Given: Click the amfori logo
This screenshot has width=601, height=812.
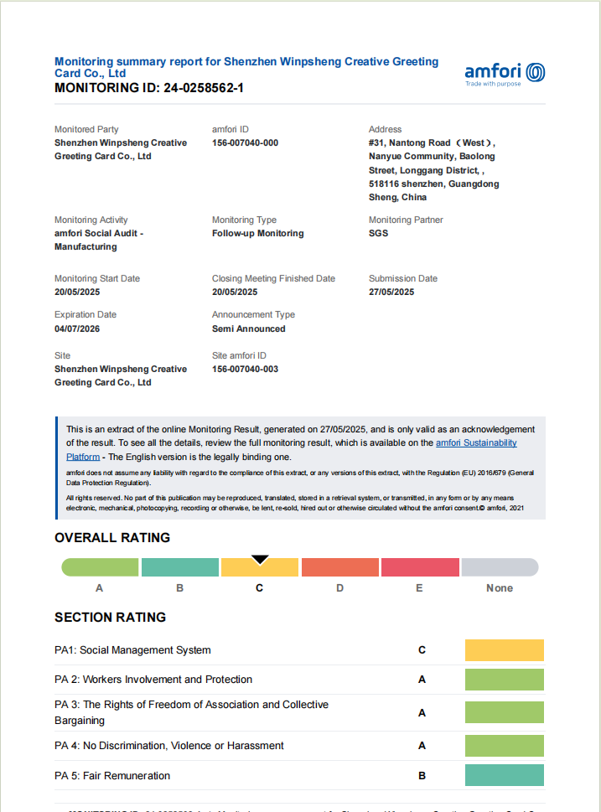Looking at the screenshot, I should click(505, 73).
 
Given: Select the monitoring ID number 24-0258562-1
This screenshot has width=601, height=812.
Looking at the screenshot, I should click(204, 88).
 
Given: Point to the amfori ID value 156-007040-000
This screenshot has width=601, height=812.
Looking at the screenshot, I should click(245, 143).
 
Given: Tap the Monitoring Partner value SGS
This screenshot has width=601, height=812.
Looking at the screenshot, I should click(378, 234).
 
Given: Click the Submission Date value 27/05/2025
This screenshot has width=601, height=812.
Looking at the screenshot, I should click(391, 292).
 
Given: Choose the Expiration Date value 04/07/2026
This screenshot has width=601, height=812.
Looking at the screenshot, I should click(77, 329).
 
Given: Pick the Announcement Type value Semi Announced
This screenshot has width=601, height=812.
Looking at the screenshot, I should click(248, 329).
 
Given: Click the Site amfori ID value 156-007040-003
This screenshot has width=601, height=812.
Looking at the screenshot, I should click(245, 370).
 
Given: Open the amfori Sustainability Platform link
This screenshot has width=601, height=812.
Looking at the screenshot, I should click(475, 443).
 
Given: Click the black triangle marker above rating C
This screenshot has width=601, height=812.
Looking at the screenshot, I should click(260, 559).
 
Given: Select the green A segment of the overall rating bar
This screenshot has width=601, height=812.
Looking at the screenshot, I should click(100, 567).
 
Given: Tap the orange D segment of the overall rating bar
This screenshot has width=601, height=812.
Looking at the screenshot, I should click(339, 567).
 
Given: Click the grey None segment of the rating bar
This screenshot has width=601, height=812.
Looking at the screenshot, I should click(500, 567).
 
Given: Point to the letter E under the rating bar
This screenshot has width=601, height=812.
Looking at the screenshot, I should click(419, 588).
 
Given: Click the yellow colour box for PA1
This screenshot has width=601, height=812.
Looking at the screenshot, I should click(504, 650).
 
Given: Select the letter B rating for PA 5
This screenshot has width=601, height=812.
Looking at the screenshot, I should click(422, 776).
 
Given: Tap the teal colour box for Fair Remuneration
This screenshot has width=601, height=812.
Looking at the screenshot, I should click(504, 776).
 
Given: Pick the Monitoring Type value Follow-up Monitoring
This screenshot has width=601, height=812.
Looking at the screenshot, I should click(257, 234).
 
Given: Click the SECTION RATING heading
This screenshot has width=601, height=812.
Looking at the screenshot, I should click(110, 618).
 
